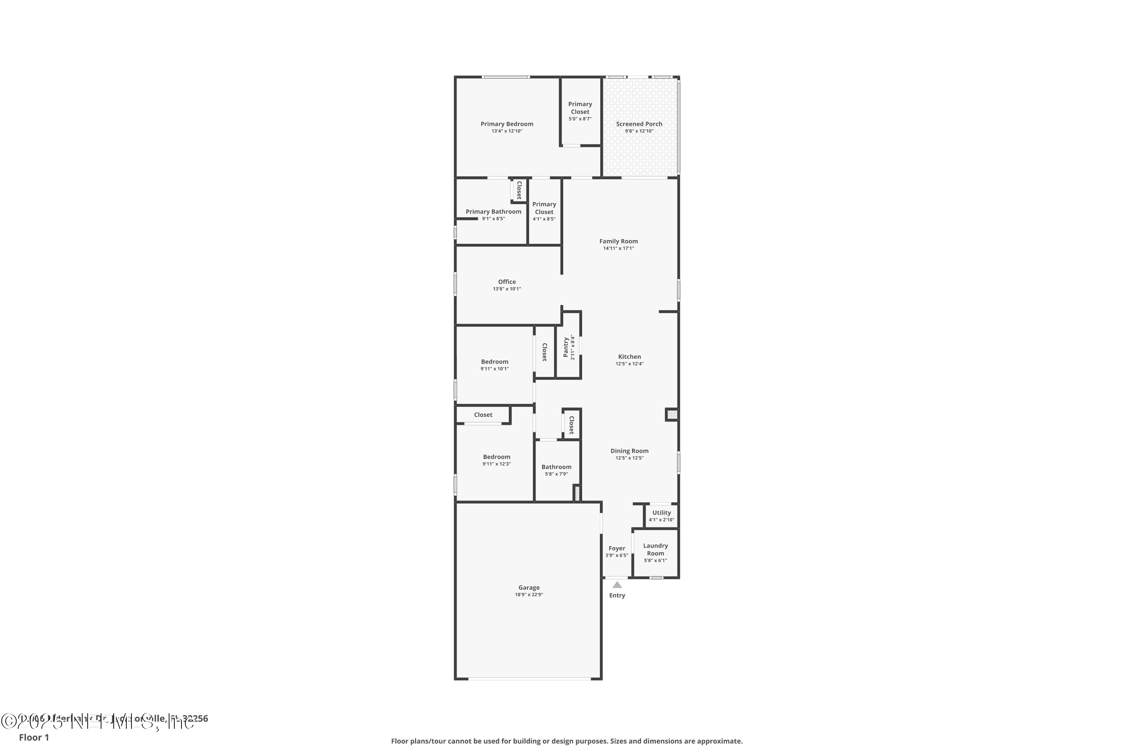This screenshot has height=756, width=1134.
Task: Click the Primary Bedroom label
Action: (507, 124)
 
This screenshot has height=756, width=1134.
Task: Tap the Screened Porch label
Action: (639, 124)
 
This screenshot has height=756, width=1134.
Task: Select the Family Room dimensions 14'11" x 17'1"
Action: (618, 248)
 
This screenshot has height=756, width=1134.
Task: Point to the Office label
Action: (507, 282)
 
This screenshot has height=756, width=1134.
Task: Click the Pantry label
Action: (566, 347)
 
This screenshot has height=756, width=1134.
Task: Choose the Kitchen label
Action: (629, 357)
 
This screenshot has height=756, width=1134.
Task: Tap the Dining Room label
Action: (629, 451)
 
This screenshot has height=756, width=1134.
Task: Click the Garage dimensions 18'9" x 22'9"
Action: (529, 595)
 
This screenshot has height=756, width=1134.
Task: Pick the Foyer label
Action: (617, 548)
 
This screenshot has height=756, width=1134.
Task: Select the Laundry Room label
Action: (655, 550)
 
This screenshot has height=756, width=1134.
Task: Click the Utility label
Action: (661, 513)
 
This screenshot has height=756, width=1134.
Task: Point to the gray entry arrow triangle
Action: (617, 585)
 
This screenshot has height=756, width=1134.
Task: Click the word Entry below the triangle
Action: (617, 595)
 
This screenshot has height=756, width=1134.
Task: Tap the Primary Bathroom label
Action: (493, 212)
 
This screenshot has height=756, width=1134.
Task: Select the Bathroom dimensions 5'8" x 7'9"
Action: (556, 474)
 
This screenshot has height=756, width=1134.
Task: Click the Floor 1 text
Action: (34, 737)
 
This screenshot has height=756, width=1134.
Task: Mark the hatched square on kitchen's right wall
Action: (672, 414)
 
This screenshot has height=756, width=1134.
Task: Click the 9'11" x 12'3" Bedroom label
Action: (497, 457)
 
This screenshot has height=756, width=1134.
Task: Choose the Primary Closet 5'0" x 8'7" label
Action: (580, 112)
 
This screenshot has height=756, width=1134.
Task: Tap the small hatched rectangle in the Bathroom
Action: (577, 493)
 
